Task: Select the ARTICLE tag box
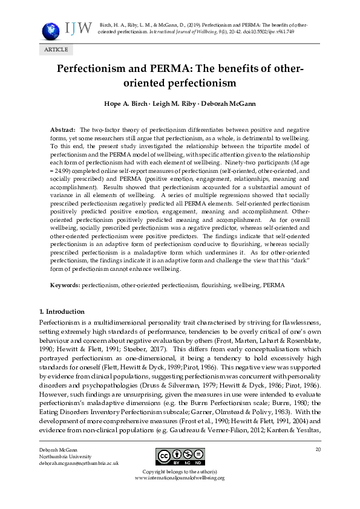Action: point(53,50)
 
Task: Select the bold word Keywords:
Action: point(65,284)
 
